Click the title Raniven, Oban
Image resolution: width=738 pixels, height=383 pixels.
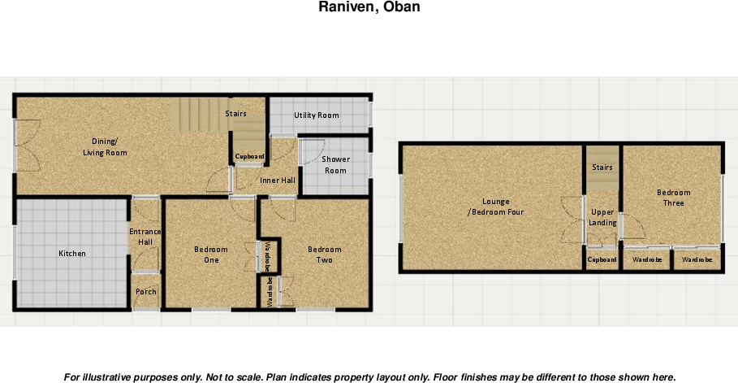click(x=369, y=7)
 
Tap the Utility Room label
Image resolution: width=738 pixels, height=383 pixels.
click(x=317, y=115)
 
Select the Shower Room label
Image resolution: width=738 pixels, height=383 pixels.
click(x=335, y=165)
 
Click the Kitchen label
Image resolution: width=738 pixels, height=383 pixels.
click(x=72, y=254)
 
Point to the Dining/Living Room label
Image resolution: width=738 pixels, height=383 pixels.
click(x=105, y=146)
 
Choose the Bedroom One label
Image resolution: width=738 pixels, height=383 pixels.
click(x=211, y=255)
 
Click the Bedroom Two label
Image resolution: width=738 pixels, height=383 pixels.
click(x=325, y=255)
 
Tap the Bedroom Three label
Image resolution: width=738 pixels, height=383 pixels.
click(x=673, y=198)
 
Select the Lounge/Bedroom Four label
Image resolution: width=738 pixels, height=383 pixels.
click(x=495, y=207)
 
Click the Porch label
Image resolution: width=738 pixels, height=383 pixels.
click(x=146, y=292)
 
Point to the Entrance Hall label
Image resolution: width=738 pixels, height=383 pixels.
click(x=146, y=237)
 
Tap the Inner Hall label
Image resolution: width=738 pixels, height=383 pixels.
click(x=278, y=181)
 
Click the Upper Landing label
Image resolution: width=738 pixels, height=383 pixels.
click(x=603, y=217)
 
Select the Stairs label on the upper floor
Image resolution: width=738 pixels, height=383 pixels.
click(x=602, y=167)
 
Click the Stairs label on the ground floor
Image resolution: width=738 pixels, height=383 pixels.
click(x=236, y=114)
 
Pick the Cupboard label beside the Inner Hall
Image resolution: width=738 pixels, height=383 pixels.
click(x=249, y=156)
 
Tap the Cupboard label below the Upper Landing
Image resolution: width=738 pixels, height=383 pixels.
click(x=602, y=260)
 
